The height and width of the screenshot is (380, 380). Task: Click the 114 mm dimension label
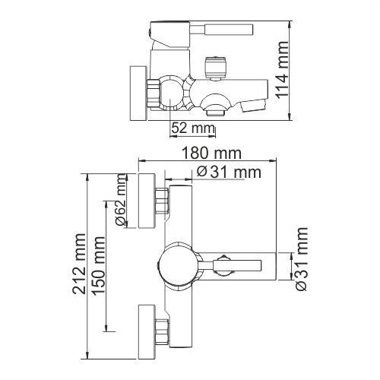(x=282, y=70)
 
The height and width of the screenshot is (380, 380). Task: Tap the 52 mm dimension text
(x=193, y=128)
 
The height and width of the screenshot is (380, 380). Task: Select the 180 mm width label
(x=212, y=153)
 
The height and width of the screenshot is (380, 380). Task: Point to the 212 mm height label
(x=79, y=264)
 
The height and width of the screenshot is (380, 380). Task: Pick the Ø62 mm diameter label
(x=120, y=200)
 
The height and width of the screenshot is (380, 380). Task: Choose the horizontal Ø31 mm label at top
(x=229, y=173)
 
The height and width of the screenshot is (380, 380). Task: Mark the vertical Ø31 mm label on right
(x=302, y=259)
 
